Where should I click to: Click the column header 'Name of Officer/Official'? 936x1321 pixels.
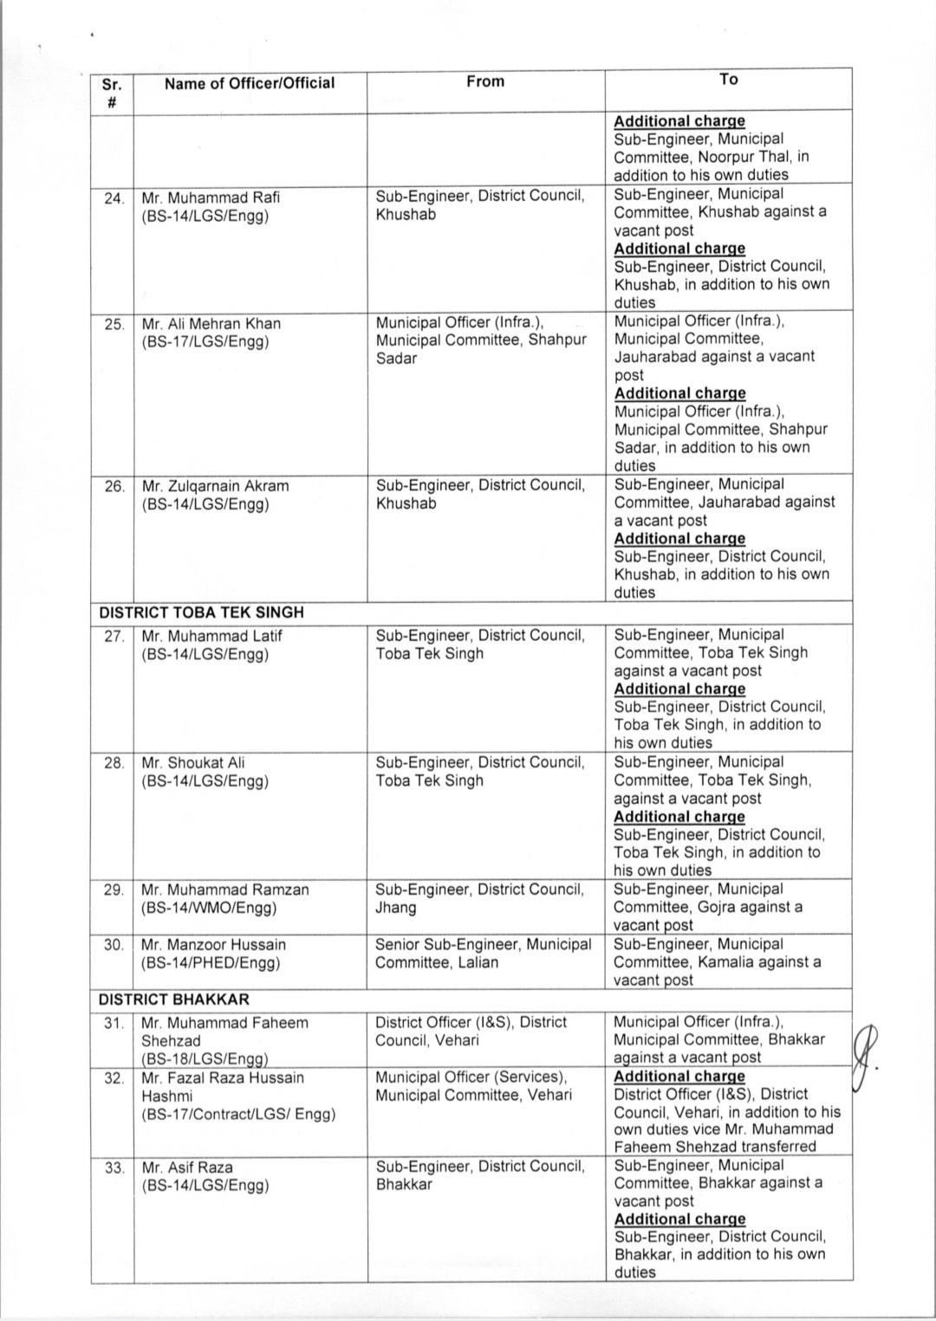click(250, 83)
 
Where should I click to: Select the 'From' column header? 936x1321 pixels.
click(484, 81)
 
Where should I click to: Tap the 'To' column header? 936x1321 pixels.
click(728, 80)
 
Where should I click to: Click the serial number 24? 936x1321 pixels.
click(114, 198)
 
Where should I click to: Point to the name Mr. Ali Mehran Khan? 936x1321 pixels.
click(211, 324)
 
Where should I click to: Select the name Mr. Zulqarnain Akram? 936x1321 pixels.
click(215, 486)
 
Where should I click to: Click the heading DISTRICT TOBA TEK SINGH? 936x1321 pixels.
click(201, 612)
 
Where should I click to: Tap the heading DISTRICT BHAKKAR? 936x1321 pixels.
click(172, 1000)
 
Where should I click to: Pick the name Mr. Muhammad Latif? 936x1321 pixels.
click(211, 636)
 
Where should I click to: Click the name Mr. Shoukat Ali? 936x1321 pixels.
click(193, 763)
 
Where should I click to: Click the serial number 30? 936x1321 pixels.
click(114, 945)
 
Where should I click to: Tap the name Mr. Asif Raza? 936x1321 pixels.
click(187, 1168)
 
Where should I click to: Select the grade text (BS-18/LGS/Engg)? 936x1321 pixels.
click(205, 1059)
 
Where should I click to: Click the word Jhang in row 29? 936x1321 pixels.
click(395, 908)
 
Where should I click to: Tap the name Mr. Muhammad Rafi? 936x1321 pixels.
click(211, 198)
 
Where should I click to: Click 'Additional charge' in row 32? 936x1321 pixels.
click(679, 1077)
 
